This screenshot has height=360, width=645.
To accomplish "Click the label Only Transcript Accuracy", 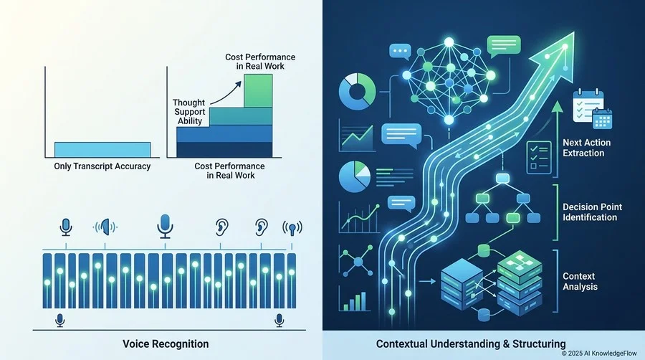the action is tap(102, 166).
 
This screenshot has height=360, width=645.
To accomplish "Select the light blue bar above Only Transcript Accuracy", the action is tap(102, 150).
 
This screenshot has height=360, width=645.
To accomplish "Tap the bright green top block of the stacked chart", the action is tap(258, 91).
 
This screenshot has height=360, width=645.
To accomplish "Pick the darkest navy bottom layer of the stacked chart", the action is tap(224, 149).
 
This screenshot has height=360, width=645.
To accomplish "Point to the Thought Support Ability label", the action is tap(188, 111).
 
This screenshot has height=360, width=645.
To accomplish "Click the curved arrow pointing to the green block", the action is tap(224, 94).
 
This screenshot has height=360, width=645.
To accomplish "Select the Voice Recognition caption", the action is tap(166, 344).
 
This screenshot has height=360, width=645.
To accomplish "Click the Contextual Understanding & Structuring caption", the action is tap(471, 344).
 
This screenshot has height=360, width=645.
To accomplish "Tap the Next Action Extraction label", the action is tap(586, 148).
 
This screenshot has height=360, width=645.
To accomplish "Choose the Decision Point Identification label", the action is tap(592, 212).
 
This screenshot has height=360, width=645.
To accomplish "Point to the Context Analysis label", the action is tap(580, 281).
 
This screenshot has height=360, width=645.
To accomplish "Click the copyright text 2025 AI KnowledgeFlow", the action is tap(599, 354).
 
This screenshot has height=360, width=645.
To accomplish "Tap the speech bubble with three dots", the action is tap(400, 52).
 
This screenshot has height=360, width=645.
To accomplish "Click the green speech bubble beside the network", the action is tap(504, 46).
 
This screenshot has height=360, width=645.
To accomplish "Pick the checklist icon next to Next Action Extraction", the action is tap(539, 157).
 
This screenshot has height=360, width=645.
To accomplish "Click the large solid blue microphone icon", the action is tap(165, 226).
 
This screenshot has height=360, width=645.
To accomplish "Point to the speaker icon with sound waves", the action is tap(105, 227).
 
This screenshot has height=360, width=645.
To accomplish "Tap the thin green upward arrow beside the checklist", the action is tap(557, 138).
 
